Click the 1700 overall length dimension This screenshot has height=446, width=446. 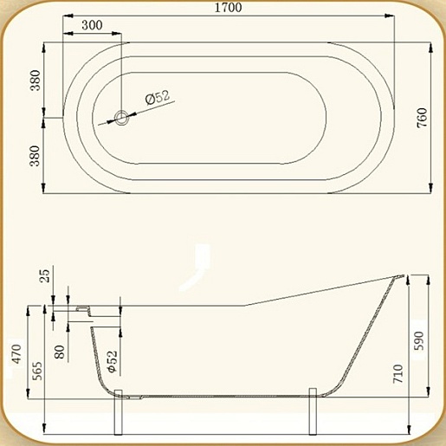point(228,8)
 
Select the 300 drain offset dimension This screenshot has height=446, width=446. point(92,25)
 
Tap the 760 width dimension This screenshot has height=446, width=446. point(422,118)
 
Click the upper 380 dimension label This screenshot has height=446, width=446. point(36,80)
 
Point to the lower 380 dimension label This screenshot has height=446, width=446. point(36,156)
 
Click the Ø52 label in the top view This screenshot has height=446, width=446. point(158,97)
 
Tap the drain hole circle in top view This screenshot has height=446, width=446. point(121,118)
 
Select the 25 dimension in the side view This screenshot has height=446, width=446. point(45,276)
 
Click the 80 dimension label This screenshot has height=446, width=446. point(60,352)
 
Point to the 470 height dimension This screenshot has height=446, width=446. point(16,354)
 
